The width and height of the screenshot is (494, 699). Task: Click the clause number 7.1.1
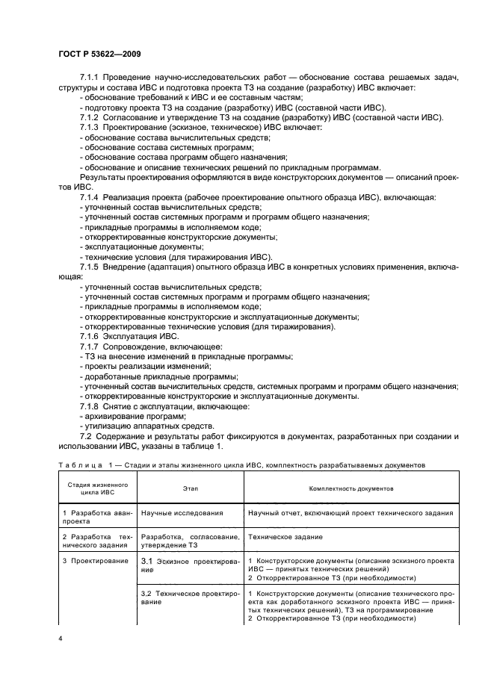click(90, 78)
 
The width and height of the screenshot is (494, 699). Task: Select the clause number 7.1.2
click(90, 118)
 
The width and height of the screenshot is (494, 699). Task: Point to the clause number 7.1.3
click(90, 128)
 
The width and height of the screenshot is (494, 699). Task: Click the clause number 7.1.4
click(90, 197)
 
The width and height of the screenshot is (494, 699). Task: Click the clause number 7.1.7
click(90, 347)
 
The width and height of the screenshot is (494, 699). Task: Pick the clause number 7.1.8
click(90, 406)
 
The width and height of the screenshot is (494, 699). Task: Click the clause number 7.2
click(85, 435)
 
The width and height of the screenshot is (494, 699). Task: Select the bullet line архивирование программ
click(123, 416)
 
